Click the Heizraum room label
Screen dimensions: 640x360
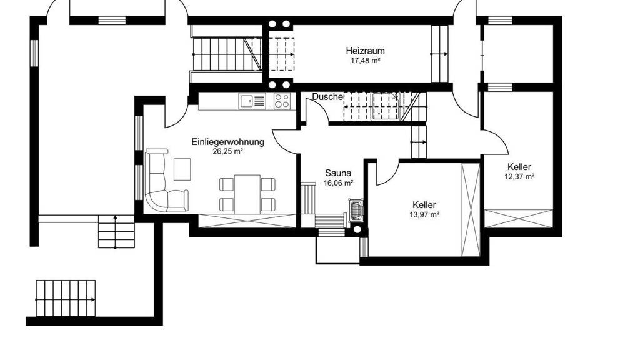coord(365,51)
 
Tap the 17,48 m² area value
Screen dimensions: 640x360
coord(365,61)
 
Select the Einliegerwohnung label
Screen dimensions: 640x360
coord(227,142)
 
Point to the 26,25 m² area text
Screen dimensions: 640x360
coord(227,151)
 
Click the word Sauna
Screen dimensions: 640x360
coord(338,173)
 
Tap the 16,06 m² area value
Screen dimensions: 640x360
coord(338,183)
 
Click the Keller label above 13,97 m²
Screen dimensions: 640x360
coord(424,205)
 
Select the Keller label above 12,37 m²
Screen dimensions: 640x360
coord(519,167)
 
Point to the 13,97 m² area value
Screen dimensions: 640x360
coord(424,215)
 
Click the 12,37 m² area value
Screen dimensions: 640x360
coord(519,176)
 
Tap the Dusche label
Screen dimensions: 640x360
coord(327,97)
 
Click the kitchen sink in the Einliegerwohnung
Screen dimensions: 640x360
coord(252,101)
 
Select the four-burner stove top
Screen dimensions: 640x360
coord(282,101)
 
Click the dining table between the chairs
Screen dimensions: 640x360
coord(247,194)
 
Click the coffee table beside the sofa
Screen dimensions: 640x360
coord(182,169)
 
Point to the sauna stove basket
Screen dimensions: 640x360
coord(356,211)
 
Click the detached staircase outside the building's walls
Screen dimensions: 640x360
coord(66,298)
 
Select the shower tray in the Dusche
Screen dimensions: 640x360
coord(384,106)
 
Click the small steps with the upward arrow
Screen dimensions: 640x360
coord(116,231)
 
